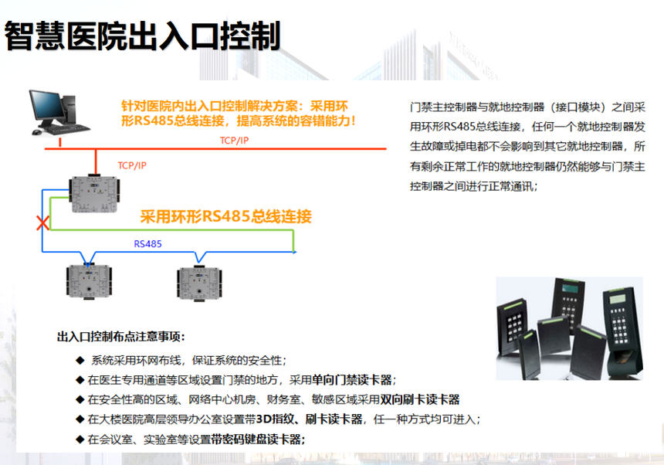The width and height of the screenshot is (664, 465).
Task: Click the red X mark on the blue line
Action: (x=42, y=222)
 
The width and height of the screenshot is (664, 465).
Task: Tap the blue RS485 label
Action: (x=147, y=244)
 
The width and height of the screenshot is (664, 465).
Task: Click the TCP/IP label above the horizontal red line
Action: (x=234, y=141)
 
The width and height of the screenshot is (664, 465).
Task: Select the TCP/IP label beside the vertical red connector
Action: (x=132, y=165)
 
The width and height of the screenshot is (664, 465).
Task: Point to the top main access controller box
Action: (x=94, y=194)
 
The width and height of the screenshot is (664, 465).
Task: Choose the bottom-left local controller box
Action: (x=89, y=282)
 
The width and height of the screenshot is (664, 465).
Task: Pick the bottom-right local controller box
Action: (x=199, y=283)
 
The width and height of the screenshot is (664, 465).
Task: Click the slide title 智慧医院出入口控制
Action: (x=143, y=36)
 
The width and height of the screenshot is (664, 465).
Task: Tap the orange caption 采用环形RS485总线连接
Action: (x=225, y=216)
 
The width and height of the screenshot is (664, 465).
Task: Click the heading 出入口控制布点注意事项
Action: (x=120, y=337)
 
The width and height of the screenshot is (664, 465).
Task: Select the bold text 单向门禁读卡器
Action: (x=351, y=380)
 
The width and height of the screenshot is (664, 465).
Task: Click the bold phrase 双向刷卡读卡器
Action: (x=420, y=399)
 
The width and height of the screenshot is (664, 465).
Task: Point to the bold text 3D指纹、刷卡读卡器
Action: (x=309, y=419)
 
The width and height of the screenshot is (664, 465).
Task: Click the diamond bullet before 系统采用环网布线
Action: (x=80, y=361)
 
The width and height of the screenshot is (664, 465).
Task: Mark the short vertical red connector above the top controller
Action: (x=96, y=161)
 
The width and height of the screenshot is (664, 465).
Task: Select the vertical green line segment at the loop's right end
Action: (x=293, y=241)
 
